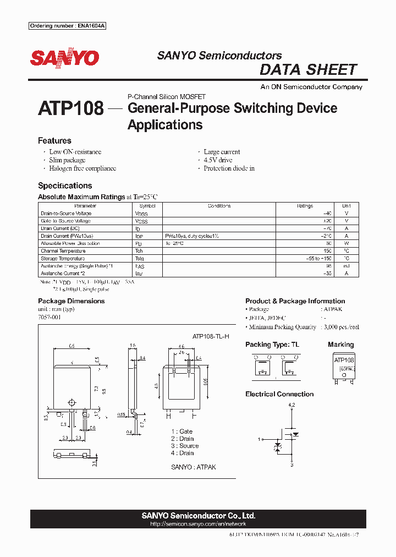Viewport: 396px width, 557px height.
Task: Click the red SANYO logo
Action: (x=64, y=58)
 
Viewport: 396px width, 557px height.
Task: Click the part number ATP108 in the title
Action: (x=70, y=108)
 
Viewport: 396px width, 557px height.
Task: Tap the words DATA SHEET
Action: (x=308, y=70)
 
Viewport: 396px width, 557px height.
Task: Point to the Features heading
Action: (x=54, y=141)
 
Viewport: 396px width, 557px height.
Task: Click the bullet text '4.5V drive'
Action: (x=218, y=160)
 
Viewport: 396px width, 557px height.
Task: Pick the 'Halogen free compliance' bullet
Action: (x=82, y=168)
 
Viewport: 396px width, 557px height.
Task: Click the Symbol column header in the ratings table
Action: (x=147, y=206)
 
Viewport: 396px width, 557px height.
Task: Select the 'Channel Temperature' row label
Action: (x=63, y=251)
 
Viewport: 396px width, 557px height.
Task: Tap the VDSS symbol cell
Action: (x=141, y=214)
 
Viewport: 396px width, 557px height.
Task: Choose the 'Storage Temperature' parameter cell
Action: (x=63, y=259)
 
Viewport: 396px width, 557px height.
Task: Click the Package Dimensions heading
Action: (x=71, y=301)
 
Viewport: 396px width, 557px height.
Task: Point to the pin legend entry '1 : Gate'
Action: (x=182, y=432)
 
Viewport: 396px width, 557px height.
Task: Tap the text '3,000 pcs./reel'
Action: (x=340, y=327)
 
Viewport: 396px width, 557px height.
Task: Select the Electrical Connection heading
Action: (x=279, y=394)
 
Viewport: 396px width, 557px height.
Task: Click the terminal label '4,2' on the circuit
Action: (x=291, y=405)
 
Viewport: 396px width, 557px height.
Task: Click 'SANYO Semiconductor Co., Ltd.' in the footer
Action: (x=198, y=516)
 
